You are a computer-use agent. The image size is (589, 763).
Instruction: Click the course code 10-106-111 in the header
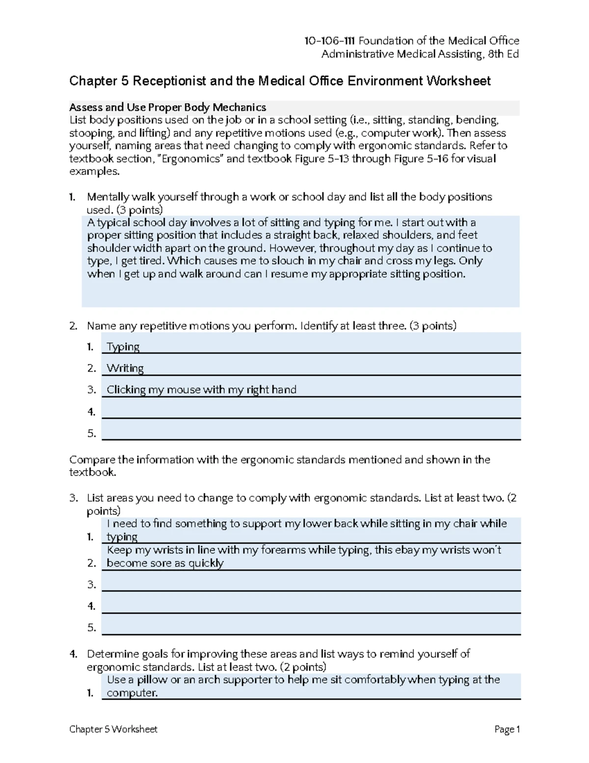point(330,41)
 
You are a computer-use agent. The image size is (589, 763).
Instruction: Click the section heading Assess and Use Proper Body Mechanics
point(167,108)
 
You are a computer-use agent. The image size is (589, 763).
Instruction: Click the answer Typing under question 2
point(123,347)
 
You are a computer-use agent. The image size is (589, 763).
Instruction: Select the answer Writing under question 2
point(125,368)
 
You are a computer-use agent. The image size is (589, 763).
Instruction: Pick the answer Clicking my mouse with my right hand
point(201,390)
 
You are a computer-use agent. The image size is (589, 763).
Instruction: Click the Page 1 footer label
point(507,730)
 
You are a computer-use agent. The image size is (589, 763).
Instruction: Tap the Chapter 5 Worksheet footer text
point(113,730)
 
